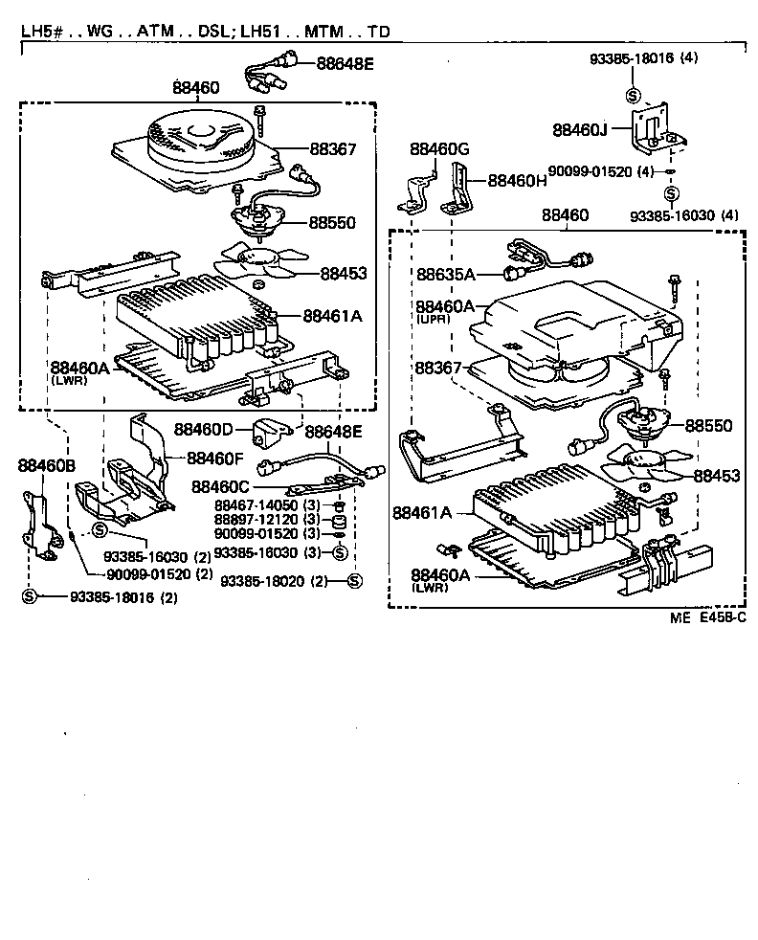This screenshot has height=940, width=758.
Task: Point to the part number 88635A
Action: (x=446, y=275)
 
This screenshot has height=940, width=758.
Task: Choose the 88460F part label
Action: (x=215, y=458)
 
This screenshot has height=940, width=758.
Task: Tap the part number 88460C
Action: (x=221, y=487)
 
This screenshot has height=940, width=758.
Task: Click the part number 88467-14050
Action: (x=256, y=504)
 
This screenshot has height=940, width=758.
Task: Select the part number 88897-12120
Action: (x=256, y=519)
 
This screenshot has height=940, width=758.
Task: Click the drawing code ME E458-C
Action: (x=708, y=618)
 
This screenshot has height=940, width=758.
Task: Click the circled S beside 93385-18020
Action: (x=354, y=581)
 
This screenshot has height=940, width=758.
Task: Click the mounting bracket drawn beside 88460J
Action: (x=653, y=129)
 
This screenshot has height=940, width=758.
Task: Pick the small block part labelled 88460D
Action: (x=270, y=433)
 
